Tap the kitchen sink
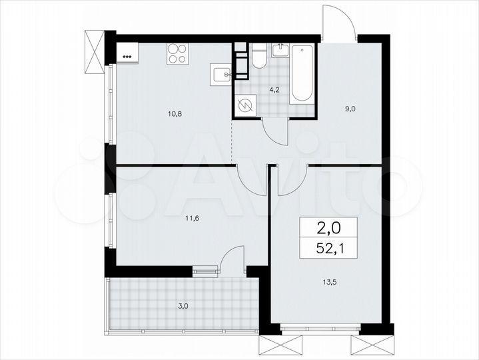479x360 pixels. click(221, 73)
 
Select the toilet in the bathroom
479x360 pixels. click(259, 57)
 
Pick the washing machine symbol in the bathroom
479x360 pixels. click(246, 105)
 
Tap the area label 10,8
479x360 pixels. click(175, 114)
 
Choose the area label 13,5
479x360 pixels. click(328, 280)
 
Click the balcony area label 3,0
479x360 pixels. click(183, 306)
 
